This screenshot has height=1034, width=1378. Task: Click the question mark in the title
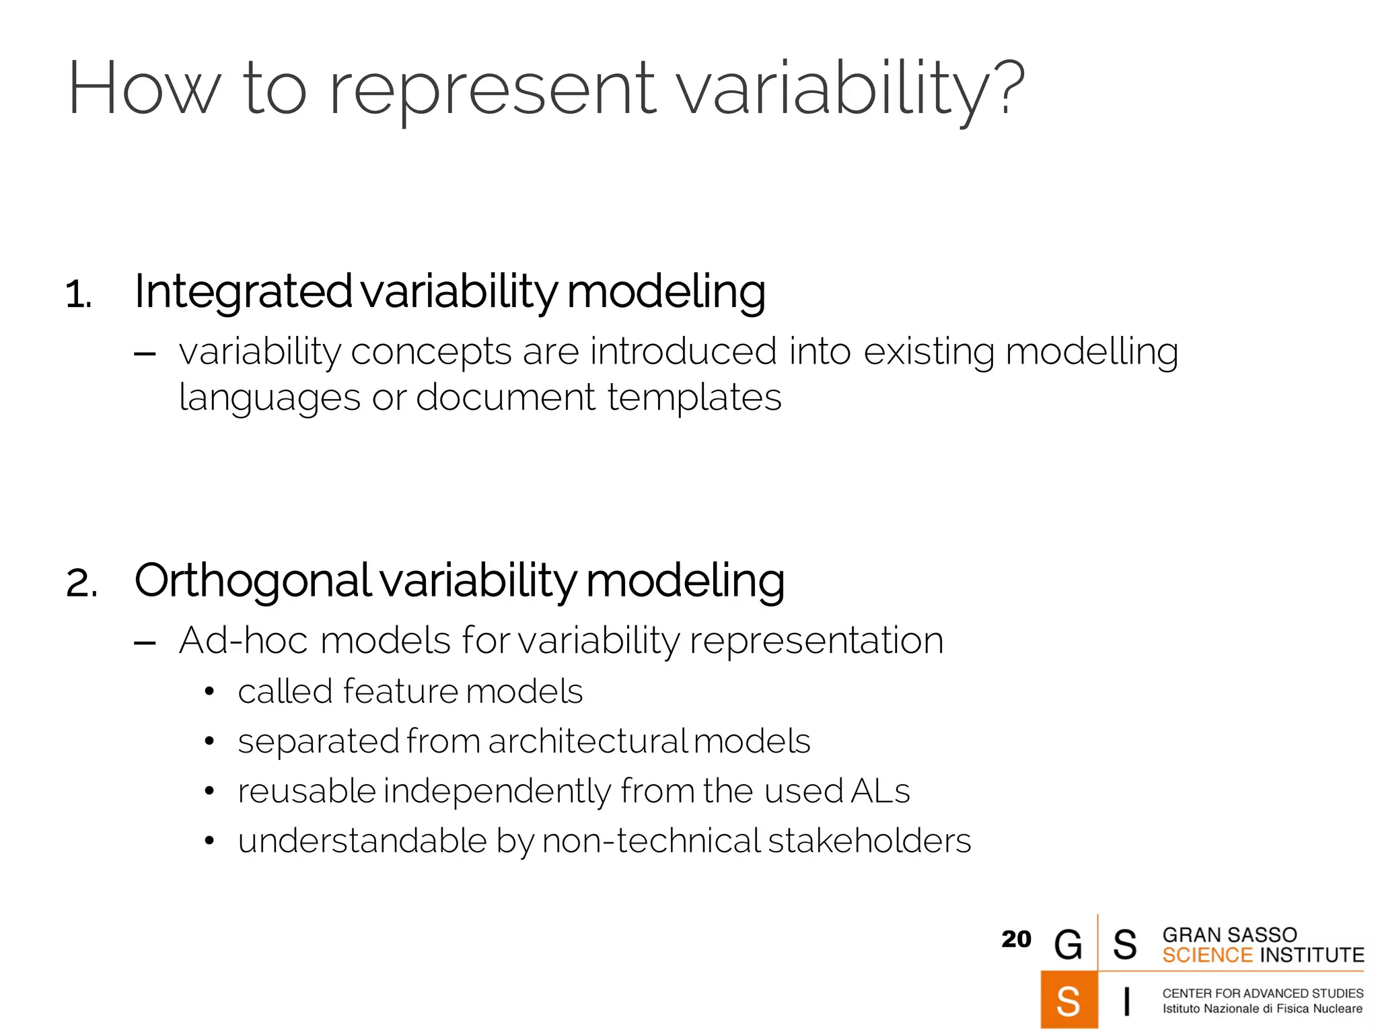[1009, 88]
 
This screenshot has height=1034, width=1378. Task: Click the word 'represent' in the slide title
[492, 91]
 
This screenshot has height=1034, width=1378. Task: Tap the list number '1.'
[79, 295]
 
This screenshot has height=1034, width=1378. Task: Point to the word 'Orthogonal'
[252, 581]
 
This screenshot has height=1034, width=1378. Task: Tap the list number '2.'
[81, 583]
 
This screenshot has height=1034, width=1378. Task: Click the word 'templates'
[694, 398]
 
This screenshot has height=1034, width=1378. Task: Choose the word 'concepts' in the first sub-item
[431, 352]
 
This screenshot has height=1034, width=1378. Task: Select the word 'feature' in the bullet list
[400, 692]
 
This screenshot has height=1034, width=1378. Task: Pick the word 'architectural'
[587, 742]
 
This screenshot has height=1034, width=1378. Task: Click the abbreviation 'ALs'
[880, 791]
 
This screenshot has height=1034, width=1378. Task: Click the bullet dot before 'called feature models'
[209, 692]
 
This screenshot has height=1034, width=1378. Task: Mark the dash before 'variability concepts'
[145, 354]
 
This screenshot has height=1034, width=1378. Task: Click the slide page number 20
[1015, 939]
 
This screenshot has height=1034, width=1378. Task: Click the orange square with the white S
[1068, 1000]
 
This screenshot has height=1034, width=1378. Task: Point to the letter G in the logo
[1068, 944]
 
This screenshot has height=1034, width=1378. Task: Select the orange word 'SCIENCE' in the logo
[1207, 955]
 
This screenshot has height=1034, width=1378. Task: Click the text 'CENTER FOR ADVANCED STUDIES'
[1262, 993]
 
